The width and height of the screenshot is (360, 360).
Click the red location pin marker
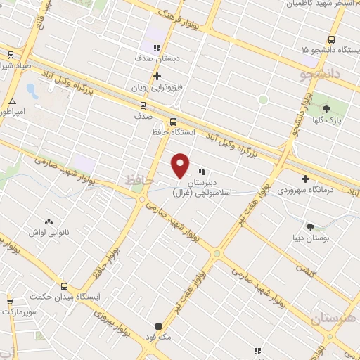pyautogui.click(x=181, y=166)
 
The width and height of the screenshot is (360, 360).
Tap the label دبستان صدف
pyautogui.click(x=157, y=60)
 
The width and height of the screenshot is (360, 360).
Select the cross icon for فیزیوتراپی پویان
pyautogui.click(x=157, y=76)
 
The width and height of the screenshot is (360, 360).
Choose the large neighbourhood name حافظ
pyautogui.click(x=139, y=180)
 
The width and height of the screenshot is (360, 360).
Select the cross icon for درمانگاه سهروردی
pyautogui.click(x=304, y=179)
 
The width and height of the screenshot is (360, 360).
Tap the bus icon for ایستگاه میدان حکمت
pyautogui.click(x=65, y=286)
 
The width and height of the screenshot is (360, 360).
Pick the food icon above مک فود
pyautogui.click(x=159, y=327)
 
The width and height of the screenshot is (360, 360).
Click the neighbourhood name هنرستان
pyautogui.click(x=334, y=318)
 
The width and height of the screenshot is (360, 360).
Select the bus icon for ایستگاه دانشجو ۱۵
pyautogui.click(x=331, y=39)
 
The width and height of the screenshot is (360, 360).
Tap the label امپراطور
pyautogui.click(x=12, y=112)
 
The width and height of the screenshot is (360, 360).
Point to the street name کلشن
pyautogui.click(x=304, y=270)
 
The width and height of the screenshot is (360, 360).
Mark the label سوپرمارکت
pyautogui.click(x=18, y=310)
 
